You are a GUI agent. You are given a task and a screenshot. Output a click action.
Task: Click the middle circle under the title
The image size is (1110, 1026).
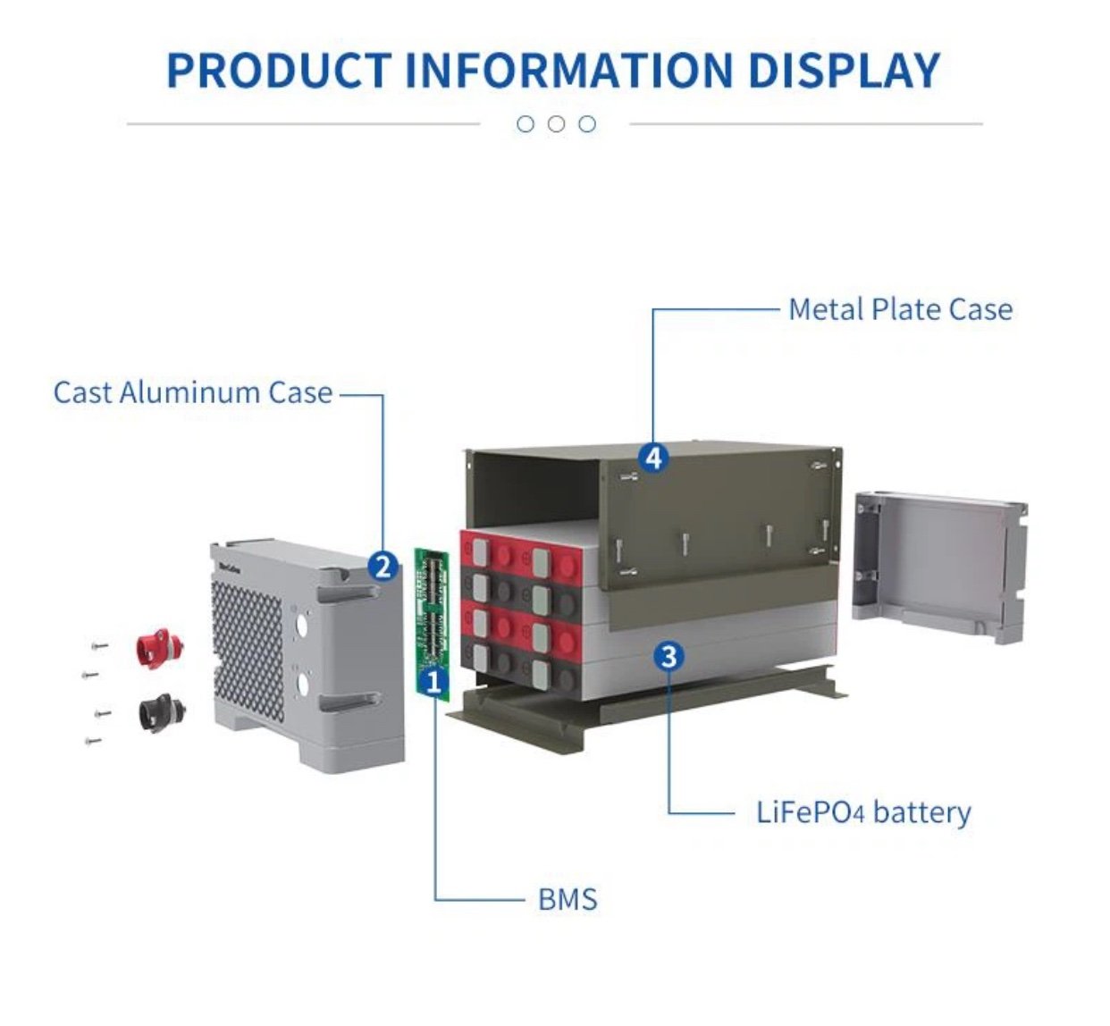click(556, 124)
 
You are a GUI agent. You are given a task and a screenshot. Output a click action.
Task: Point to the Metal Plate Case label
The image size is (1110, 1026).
click(900, 310)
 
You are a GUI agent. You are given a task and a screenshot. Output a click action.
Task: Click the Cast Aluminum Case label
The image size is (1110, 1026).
click(193, 392)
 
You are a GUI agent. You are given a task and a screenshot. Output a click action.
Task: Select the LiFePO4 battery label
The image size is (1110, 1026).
click(863, 812)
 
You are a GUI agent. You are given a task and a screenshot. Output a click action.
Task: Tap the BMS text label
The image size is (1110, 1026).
click(568, 898)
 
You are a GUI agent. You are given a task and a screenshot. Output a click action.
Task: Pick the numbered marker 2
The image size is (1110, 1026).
click(383, 566)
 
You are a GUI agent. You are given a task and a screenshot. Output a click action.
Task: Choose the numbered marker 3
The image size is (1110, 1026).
click(669, 657)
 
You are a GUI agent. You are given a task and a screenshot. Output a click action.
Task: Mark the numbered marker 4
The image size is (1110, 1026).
click(654, 458)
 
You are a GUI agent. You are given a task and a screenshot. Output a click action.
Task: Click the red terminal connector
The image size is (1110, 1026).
click(159, 645)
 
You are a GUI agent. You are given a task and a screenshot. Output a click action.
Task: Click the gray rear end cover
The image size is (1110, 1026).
click(938, 563)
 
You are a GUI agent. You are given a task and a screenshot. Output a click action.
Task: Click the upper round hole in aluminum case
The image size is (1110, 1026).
click(302, 622)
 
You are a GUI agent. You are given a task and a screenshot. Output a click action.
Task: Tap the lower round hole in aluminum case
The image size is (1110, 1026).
click(303, 685)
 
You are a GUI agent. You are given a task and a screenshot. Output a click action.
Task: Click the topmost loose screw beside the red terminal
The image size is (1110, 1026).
click(99, 644)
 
